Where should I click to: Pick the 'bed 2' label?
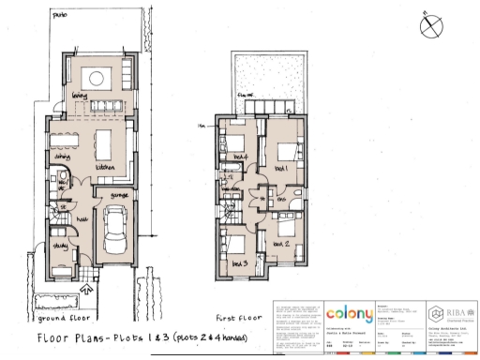(x=280, y=243)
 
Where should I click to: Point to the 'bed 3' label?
(x=238, y=263)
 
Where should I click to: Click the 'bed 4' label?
(x=240, y=155)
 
